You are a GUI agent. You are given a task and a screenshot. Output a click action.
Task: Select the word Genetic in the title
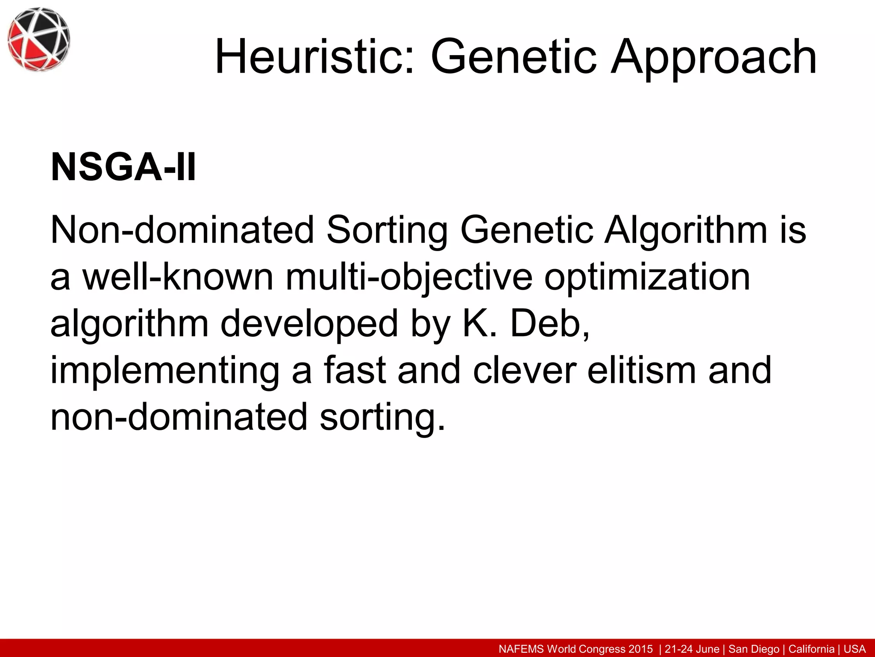[513, 57]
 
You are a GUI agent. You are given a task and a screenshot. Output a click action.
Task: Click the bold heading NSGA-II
[123, 167]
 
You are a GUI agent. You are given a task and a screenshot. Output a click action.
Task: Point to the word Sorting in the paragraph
[387, 231]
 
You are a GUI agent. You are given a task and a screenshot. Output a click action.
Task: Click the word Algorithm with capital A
[686, 231]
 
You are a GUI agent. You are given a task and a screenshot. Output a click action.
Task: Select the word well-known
[178, 277]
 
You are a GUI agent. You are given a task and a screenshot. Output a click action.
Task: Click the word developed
[309, 324]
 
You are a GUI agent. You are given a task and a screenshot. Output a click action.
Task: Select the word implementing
[165, 371]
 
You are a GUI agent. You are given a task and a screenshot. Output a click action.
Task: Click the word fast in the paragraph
[355, 370]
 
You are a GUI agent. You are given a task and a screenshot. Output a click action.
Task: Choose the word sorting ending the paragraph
[382, 417]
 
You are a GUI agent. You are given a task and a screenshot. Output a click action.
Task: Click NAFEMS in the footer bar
[522, 649]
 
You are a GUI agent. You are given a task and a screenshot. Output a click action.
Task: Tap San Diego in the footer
[754, 649]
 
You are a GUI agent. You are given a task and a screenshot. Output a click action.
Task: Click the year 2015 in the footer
[640, 649]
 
